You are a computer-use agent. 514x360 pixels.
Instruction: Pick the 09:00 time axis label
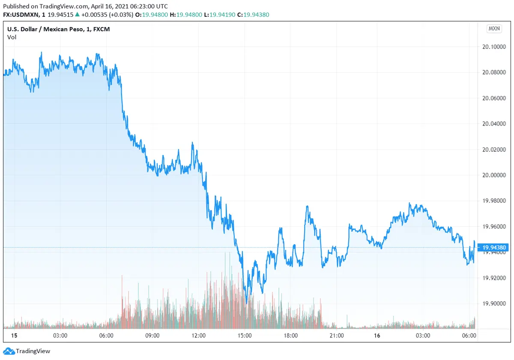coord(152,335)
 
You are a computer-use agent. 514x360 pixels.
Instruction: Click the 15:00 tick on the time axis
coord(245,335)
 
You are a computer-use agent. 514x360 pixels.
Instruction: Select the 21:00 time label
coord(337,335)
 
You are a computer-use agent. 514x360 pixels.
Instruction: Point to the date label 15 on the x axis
coord(14,335)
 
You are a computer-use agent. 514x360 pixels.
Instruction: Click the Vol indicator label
coord(12,37)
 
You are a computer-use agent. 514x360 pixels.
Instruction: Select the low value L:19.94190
coord(220,15)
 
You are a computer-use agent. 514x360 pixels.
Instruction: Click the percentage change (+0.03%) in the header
coord(122,15)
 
